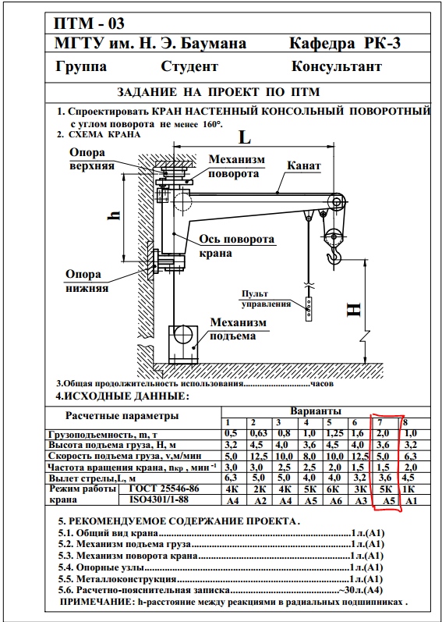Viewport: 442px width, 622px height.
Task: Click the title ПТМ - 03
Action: point(89,23)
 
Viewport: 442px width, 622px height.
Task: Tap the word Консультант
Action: point(337,66)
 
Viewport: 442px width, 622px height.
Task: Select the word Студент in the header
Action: point(189,66)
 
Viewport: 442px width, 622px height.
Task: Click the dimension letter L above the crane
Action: point(244,137)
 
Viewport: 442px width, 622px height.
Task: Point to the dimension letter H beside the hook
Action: point(354,310)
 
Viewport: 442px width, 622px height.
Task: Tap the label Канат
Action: point(304,165)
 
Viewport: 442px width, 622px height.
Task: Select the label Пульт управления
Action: point(266,299)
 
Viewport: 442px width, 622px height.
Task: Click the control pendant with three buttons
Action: point(309,308)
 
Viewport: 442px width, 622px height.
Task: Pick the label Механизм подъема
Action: point(238,329)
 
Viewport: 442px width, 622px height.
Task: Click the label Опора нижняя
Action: point(87,281)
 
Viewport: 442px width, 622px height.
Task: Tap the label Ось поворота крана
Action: point(236,246)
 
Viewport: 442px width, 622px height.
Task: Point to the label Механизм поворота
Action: point(237,166)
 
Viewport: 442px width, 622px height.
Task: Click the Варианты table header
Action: point(316,411)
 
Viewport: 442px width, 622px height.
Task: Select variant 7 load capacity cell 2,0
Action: point(384,434)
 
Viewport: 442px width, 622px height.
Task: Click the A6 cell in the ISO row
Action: point(336,500)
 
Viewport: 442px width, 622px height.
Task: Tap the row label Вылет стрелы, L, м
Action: point(92,478)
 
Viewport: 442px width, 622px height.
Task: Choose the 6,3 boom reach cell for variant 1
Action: point(232,478)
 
